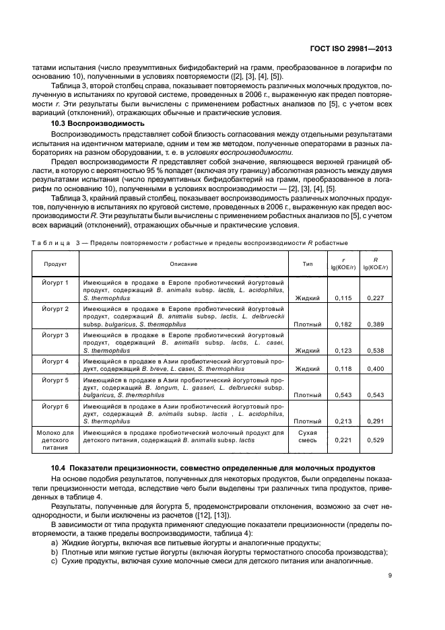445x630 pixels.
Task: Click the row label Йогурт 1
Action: (55, 281)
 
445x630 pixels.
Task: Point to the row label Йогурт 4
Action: (55, 361)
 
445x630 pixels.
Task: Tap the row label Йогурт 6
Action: (55, 407)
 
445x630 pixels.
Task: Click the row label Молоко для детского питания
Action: (55, 440)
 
